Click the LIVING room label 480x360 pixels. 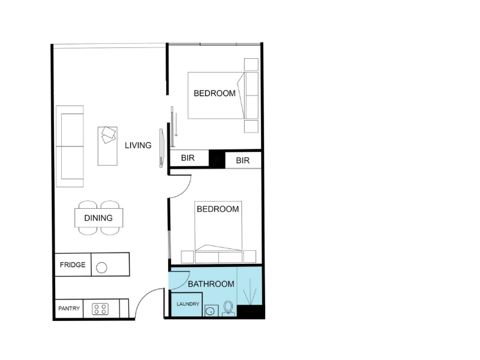point(138,145)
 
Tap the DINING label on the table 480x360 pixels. point(98,218)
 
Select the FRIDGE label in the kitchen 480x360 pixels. point(73,265)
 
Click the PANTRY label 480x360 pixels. point(69,308)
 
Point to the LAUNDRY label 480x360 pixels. point(188,304)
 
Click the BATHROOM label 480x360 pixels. point(211,284)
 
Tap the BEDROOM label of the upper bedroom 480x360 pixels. point(215,93)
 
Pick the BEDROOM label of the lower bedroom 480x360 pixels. point(218,209)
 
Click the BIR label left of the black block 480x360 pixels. point(188,158)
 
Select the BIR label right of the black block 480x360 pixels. point(243,160)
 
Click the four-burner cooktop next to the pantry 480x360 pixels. point(100,309)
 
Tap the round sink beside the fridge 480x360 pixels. point(101,268)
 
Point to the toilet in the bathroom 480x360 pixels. point(228,308)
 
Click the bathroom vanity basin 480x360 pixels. point(211,311)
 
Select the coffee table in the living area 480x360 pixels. point(107,146)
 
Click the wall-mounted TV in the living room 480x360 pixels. point(162,148)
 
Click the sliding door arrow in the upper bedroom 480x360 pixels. point(176,125)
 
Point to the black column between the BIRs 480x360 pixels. point(217,159)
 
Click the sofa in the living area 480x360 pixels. point(70,146)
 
